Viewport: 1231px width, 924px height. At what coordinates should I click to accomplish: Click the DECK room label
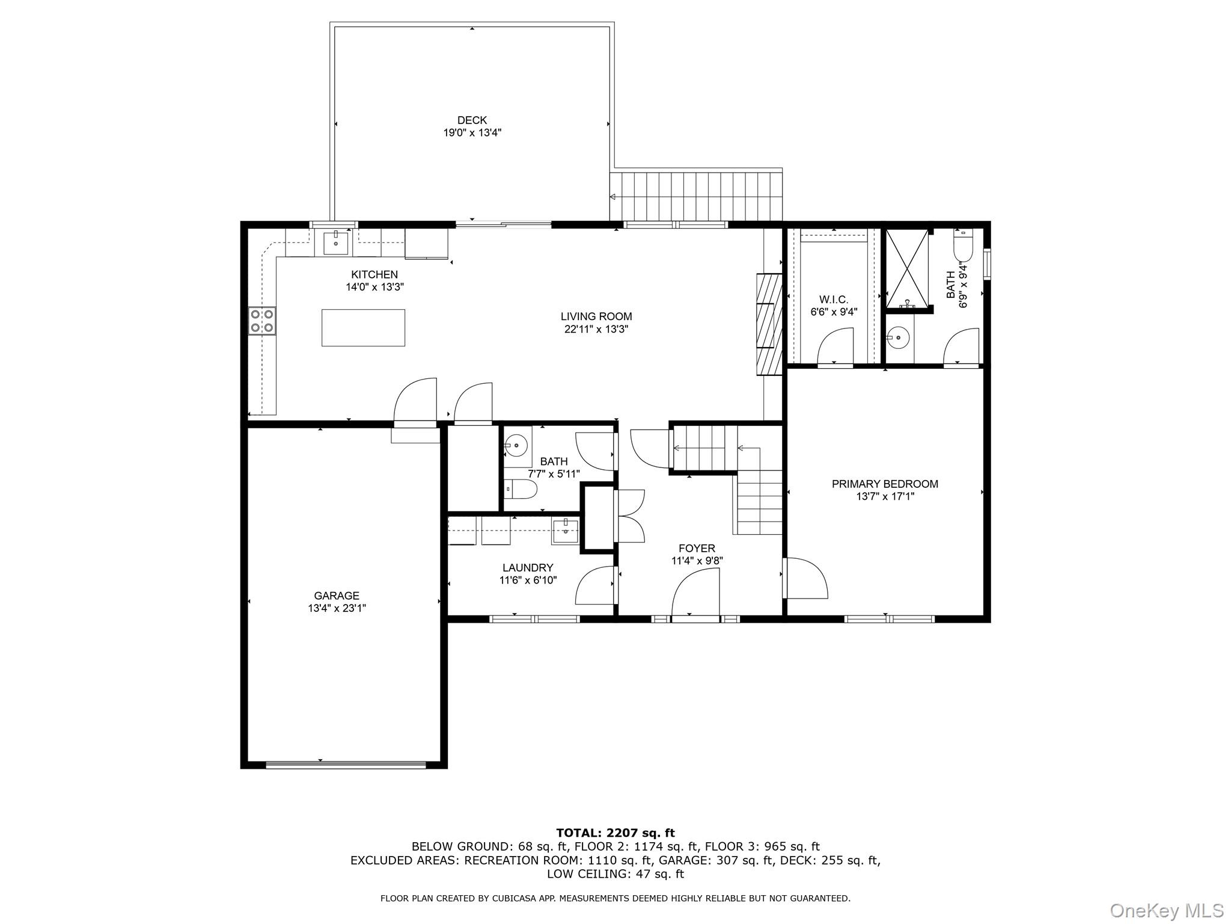coord(472,120)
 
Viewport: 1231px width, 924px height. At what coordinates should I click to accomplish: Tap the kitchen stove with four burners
coord(262,321)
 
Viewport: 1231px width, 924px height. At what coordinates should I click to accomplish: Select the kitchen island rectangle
coord(363,328)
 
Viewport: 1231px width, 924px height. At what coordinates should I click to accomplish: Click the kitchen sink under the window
coord(335,243)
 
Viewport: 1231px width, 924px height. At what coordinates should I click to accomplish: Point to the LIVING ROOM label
coord(596,316)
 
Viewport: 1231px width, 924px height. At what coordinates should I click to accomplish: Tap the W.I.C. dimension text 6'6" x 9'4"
coord(834,312)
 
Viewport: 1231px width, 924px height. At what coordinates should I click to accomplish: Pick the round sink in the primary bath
coord(899,338)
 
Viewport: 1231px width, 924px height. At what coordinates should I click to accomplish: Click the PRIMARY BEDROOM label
coord(885,484)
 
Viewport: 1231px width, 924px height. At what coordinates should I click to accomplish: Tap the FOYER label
coord(697,548)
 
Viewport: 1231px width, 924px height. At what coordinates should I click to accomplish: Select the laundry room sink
coord(565,532)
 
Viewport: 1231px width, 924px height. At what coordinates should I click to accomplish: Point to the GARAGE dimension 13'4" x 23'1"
coord(337,608)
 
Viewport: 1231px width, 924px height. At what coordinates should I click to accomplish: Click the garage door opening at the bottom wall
coord(346,765)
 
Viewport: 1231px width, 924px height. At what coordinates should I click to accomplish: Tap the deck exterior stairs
coord(696,196)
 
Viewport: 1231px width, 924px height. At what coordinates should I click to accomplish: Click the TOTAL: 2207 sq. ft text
coord(615,833)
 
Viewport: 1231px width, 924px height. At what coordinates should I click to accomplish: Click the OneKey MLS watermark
coord(1166,910)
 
